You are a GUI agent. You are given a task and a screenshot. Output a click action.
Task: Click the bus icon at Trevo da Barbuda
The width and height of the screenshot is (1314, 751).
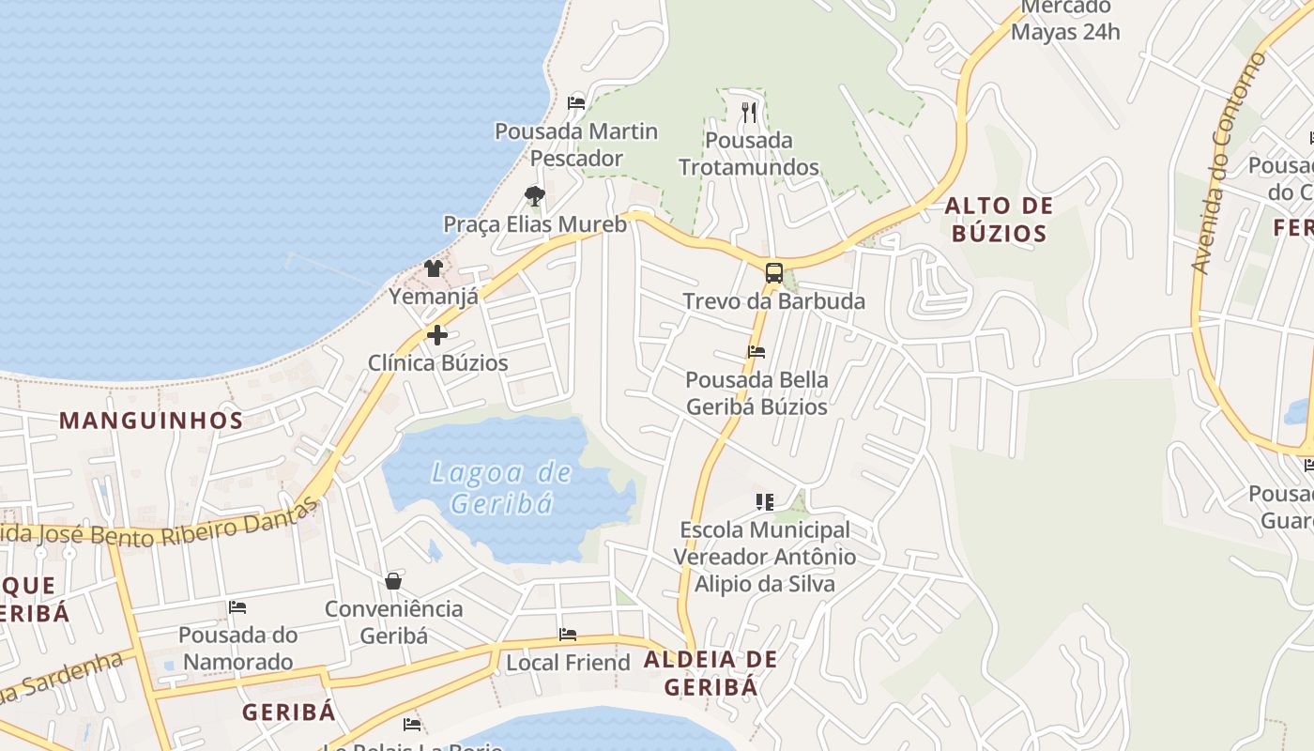[x=773, y=273]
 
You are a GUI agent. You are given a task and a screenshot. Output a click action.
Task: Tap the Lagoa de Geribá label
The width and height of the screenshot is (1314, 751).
[x=501, y=487]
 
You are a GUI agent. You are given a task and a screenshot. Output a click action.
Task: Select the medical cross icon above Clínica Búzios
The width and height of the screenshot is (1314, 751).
[x=437, y=334]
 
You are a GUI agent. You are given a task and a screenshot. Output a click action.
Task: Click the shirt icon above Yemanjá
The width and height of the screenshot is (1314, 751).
[x=433, y=268]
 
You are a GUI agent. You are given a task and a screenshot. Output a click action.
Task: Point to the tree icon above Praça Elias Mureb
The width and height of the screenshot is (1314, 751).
[x=535, y=196]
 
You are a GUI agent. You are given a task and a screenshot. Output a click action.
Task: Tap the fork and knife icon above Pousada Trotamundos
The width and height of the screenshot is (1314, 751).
[x=748, y=113]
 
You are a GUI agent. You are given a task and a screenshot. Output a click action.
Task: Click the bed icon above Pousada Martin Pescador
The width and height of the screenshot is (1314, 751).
[x=576, y=102]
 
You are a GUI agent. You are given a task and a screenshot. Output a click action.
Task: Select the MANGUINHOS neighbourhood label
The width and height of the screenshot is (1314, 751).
[x=151, y=420]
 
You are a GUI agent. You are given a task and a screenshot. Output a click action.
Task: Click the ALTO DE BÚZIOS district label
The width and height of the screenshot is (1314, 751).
[x=999, y=220]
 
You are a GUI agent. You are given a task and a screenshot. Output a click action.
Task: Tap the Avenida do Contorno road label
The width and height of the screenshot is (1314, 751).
[x=1226, y=163]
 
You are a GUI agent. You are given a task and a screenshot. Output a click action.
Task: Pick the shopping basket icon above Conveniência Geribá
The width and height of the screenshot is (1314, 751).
[x=393, y=581]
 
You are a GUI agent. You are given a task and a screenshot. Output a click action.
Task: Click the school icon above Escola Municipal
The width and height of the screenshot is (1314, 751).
[x=764, y=502]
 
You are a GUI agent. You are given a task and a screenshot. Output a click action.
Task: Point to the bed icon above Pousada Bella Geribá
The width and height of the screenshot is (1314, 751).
[x=756, y=352]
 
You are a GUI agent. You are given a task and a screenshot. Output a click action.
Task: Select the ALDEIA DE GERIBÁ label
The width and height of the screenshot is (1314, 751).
[x=710, y=673]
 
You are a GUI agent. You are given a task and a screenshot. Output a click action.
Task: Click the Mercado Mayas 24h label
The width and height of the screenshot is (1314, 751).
[x=1065, y=20]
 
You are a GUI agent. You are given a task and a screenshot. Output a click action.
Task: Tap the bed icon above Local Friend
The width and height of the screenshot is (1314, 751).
[x=567, y=635]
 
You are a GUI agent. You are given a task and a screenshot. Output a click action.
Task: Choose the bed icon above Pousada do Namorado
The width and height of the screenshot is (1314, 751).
[x=237, y=607]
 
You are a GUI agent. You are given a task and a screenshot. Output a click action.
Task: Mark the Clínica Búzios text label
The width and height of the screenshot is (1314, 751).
[x=437, y=363]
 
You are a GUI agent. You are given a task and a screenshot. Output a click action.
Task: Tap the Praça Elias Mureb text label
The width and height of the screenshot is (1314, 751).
[x=535, y=224]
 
